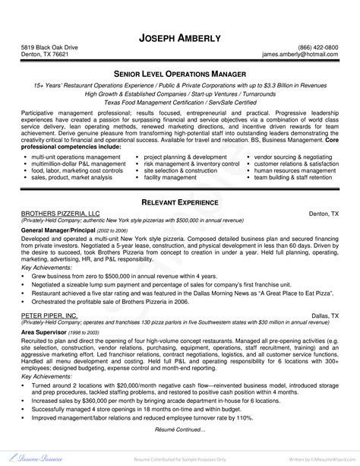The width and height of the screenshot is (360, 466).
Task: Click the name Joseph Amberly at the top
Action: point(179,37)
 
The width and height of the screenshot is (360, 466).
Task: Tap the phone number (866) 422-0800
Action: point(317,46)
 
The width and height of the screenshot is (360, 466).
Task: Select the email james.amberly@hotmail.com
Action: point(300,55)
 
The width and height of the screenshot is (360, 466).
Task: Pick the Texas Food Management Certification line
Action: point(179,100)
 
